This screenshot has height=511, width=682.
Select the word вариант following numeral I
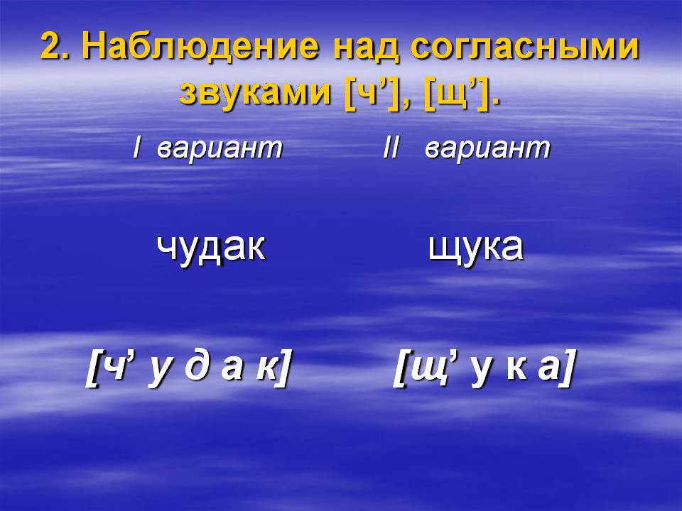(220, 149)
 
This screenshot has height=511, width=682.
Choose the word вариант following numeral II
(487, 149)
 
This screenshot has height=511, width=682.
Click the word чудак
(211, 248)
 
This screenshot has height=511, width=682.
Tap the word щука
(476, 248)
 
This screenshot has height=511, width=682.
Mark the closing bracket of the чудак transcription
(283, 370)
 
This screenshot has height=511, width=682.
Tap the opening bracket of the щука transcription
(399, 370)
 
